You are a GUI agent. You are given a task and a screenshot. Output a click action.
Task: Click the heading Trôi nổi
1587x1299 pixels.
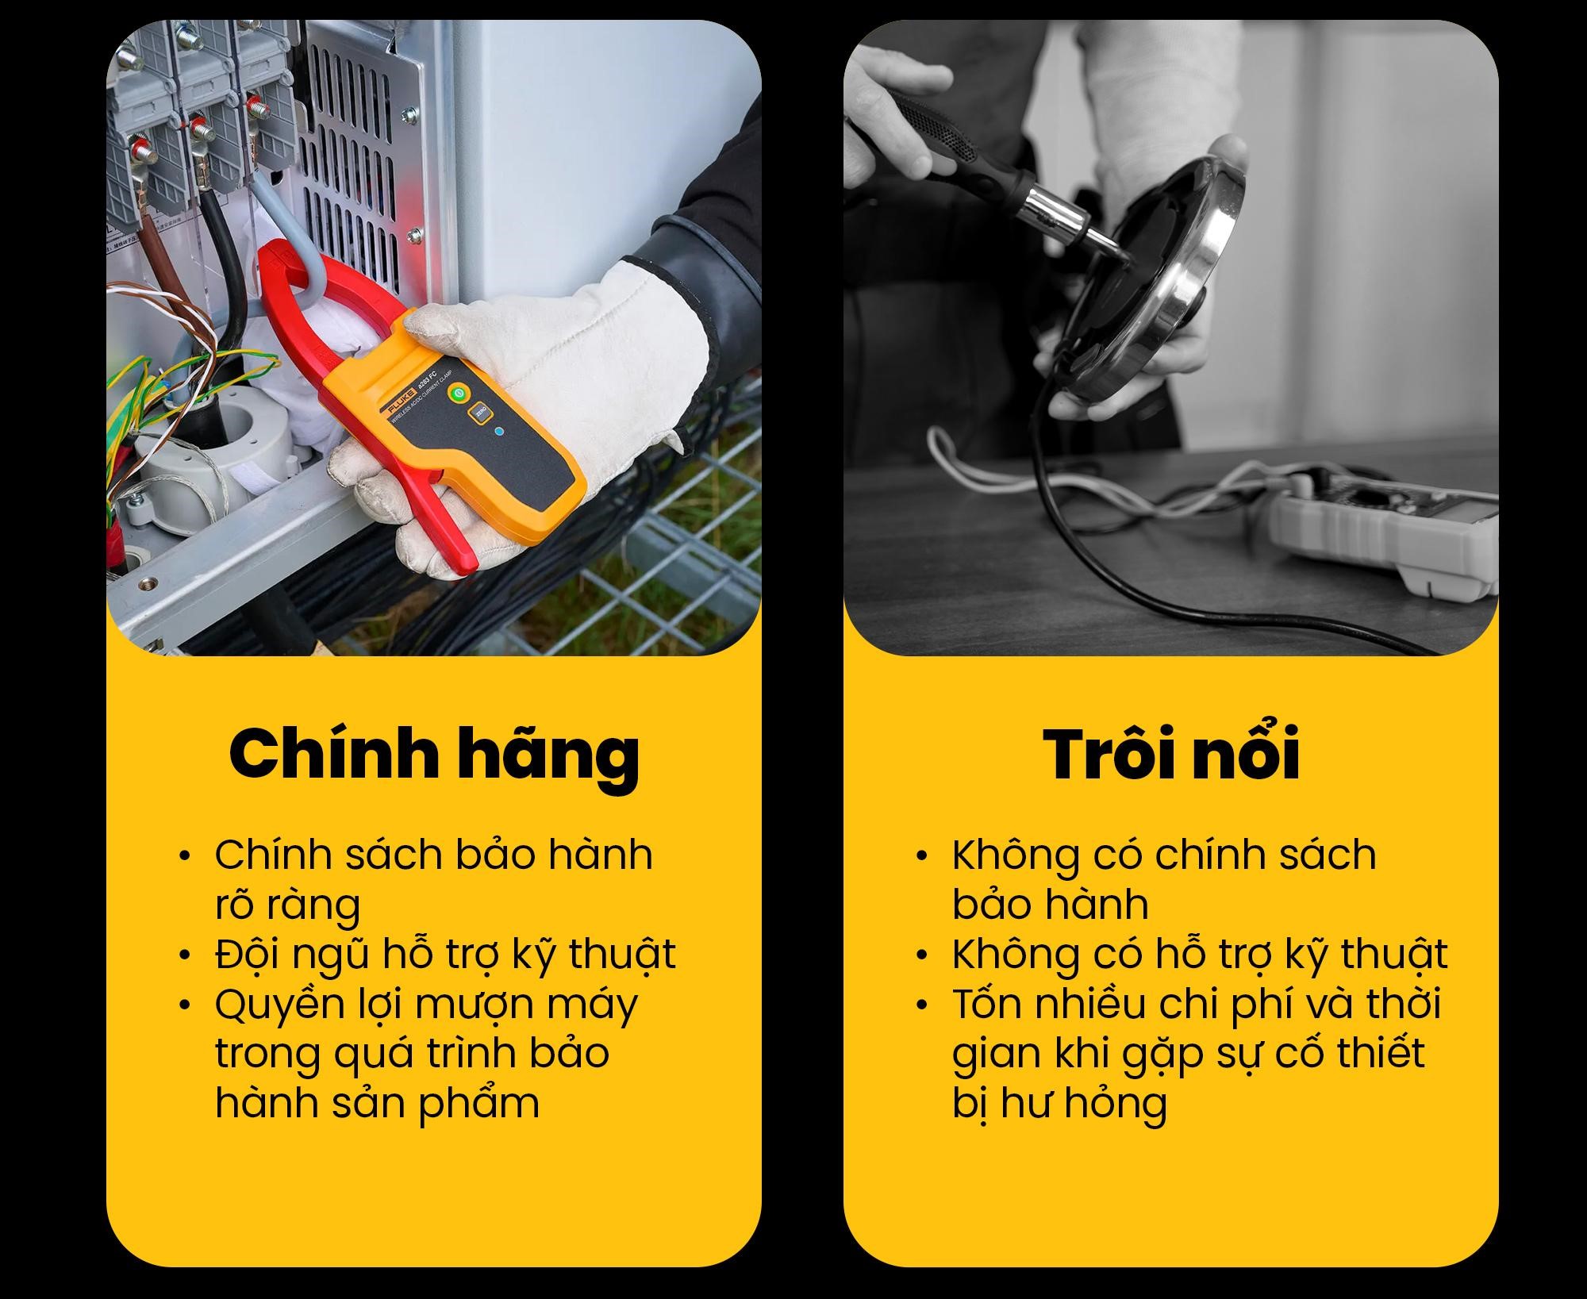pyautogui.click(x=1171, y=754)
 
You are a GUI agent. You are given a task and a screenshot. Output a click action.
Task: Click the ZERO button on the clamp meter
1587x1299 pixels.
pyautogui.click(x=478, y=413)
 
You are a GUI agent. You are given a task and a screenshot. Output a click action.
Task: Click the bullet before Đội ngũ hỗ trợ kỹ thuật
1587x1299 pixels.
pyautogui.click(x=186, y=955)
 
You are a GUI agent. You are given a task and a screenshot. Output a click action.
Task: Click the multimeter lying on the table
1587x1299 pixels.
pyautogui.click(x=1385, y=528)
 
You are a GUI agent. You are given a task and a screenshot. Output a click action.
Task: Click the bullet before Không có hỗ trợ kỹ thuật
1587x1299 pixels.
pyautogui.click(x=921, y=955)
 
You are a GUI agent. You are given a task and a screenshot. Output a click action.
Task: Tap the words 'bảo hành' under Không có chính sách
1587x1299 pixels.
pyautogui.click(x=1051, y=905)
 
